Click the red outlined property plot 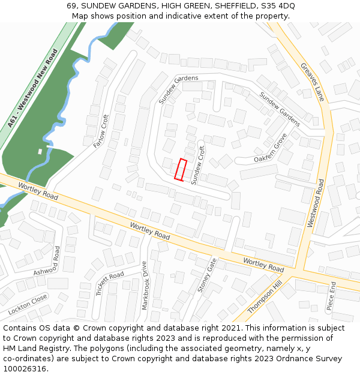[x=180, y=169]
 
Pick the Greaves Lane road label [x=312, y=82]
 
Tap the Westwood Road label [x=316, y=203]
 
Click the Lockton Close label [x=27, y=305]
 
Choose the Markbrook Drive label [x=145, y=285]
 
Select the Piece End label [x=331, y=297]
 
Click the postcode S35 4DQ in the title [x=277, y=6]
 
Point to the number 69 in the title [x=71, y=6]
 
